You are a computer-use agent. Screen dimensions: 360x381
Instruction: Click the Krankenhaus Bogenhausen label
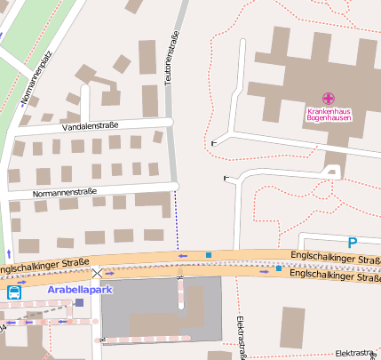pos(329,113)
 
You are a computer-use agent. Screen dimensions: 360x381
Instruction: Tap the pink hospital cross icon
pos(329,98)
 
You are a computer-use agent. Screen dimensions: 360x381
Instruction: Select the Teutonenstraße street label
pos(167,62)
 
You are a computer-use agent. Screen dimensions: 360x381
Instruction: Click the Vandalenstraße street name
pos(91,127)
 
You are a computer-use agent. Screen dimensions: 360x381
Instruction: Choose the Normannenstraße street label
pos(64,192)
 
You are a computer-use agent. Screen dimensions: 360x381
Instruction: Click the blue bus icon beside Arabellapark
pos(14,292)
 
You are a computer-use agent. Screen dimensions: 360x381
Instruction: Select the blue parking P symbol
pos(352,242)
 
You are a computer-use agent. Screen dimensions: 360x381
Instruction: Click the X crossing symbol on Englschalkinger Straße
pos(97,274)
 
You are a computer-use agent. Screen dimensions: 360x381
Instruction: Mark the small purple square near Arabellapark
pos(79,302)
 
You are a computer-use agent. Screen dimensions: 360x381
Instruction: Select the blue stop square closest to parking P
pos(278,268)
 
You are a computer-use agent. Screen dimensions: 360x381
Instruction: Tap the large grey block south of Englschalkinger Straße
pos(160,308)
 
